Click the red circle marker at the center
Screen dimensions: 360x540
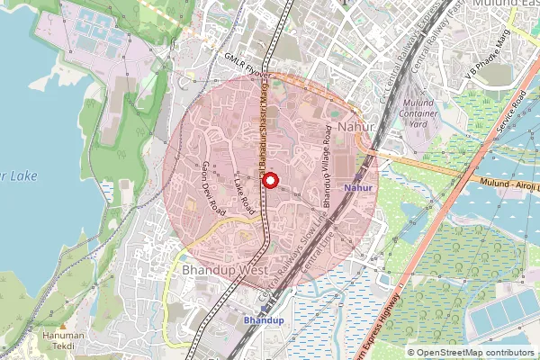(x=269, y=180)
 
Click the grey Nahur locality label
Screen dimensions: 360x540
(x=357, y=128)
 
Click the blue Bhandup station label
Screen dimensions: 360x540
(x=264, y=320)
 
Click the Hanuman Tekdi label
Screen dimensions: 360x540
(x=68, y=340)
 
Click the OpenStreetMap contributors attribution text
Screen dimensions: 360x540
(x=474, y=352)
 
